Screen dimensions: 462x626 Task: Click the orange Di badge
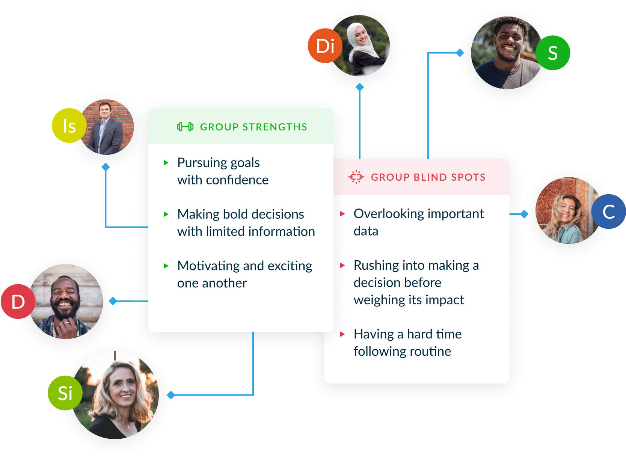point(325,46)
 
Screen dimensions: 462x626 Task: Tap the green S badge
point(552,53)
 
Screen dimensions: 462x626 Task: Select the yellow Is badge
point(69,125)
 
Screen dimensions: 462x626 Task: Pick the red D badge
point(18,302)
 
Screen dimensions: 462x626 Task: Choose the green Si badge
point(65,393)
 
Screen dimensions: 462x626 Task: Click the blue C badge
point(608,211)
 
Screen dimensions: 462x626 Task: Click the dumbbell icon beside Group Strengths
point(185,127)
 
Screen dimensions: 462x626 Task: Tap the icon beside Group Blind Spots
point(356,177)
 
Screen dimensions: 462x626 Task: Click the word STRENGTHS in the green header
point(275,127)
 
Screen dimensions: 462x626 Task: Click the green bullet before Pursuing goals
point(166,163)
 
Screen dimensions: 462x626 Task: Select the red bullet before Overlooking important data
point(342,214)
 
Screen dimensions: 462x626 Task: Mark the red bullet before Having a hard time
point(342,334)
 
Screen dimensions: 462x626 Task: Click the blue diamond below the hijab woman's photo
point(360,87)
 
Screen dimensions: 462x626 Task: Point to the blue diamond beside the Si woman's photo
point(171,395)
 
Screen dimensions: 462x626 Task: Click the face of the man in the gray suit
point(104,110)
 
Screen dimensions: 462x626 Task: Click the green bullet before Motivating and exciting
point(166,266)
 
